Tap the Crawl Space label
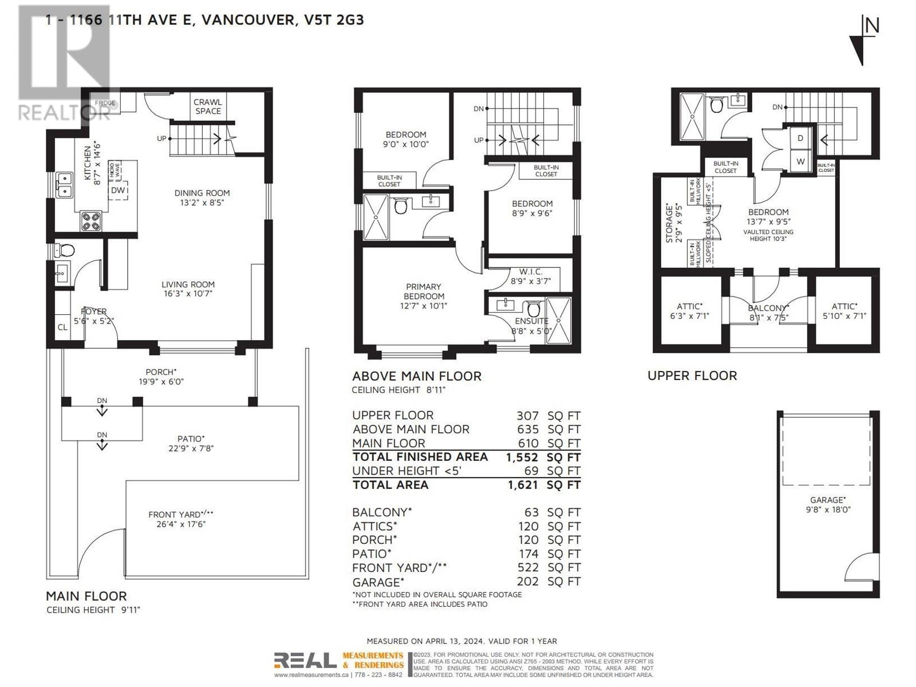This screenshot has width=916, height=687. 208,106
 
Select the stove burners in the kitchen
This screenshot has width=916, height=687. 91,221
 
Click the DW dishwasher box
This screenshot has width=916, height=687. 118,190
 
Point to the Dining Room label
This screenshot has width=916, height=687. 202,193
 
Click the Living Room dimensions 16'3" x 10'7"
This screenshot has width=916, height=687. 188,294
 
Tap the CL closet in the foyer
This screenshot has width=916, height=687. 62,327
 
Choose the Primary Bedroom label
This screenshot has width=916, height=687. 424,291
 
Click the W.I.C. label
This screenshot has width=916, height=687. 531,271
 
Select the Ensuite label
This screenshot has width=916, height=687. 531,321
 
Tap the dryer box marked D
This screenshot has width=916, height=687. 800,139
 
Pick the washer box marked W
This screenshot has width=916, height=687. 800,161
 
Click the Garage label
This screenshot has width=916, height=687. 827,500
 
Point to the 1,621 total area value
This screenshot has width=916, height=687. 522,485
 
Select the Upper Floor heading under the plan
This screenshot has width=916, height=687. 692,376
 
